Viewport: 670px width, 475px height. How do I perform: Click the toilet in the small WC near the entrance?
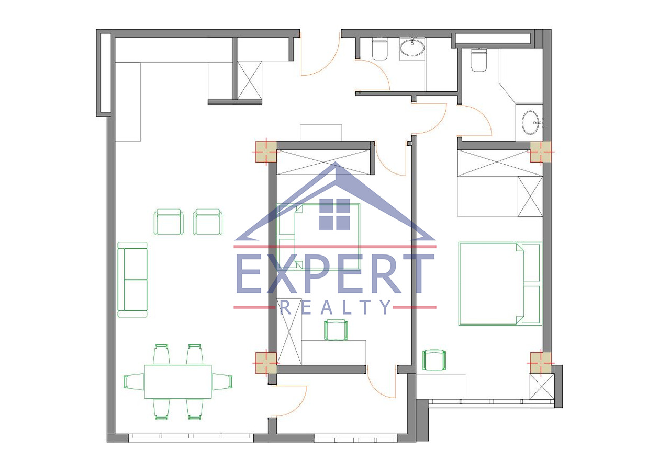[x=380, y=49]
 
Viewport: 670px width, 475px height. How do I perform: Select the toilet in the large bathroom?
[x=479, y=60]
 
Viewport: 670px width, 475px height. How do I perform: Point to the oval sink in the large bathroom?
[x=531, y=123]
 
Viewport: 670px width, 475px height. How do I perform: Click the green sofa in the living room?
[x=132, y=280]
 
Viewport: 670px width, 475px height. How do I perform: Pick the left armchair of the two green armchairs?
[x=169, y=222]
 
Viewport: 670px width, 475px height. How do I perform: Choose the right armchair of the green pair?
[x=208, y=222]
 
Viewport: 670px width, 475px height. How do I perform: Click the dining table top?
[x=178, y=381]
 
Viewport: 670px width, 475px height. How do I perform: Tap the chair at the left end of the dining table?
[x=134, y=381]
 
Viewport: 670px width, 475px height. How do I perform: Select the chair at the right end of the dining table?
[x=222, y=381]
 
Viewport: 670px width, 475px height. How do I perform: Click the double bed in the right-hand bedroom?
[x=500, y=283]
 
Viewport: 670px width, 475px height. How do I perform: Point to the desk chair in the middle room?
[x=336, y=330]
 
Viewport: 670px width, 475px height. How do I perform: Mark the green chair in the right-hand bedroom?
[x=434, y=360]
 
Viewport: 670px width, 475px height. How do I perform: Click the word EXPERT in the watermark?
[x=335, y=273]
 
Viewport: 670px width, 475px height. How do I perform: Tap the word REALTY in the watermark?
[x=336, y=307]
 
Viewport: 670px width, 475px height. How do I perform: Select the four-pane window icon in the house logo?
[x=334, y=214]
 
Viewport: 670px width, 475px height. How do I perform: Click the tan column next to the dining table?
[x=265, y=363]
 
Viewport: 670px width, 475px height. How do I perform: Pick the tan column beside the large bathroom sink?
[x=541, y=152]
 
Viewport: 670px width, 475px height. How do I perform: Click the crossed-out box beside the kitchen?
[x=250, y=80]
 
